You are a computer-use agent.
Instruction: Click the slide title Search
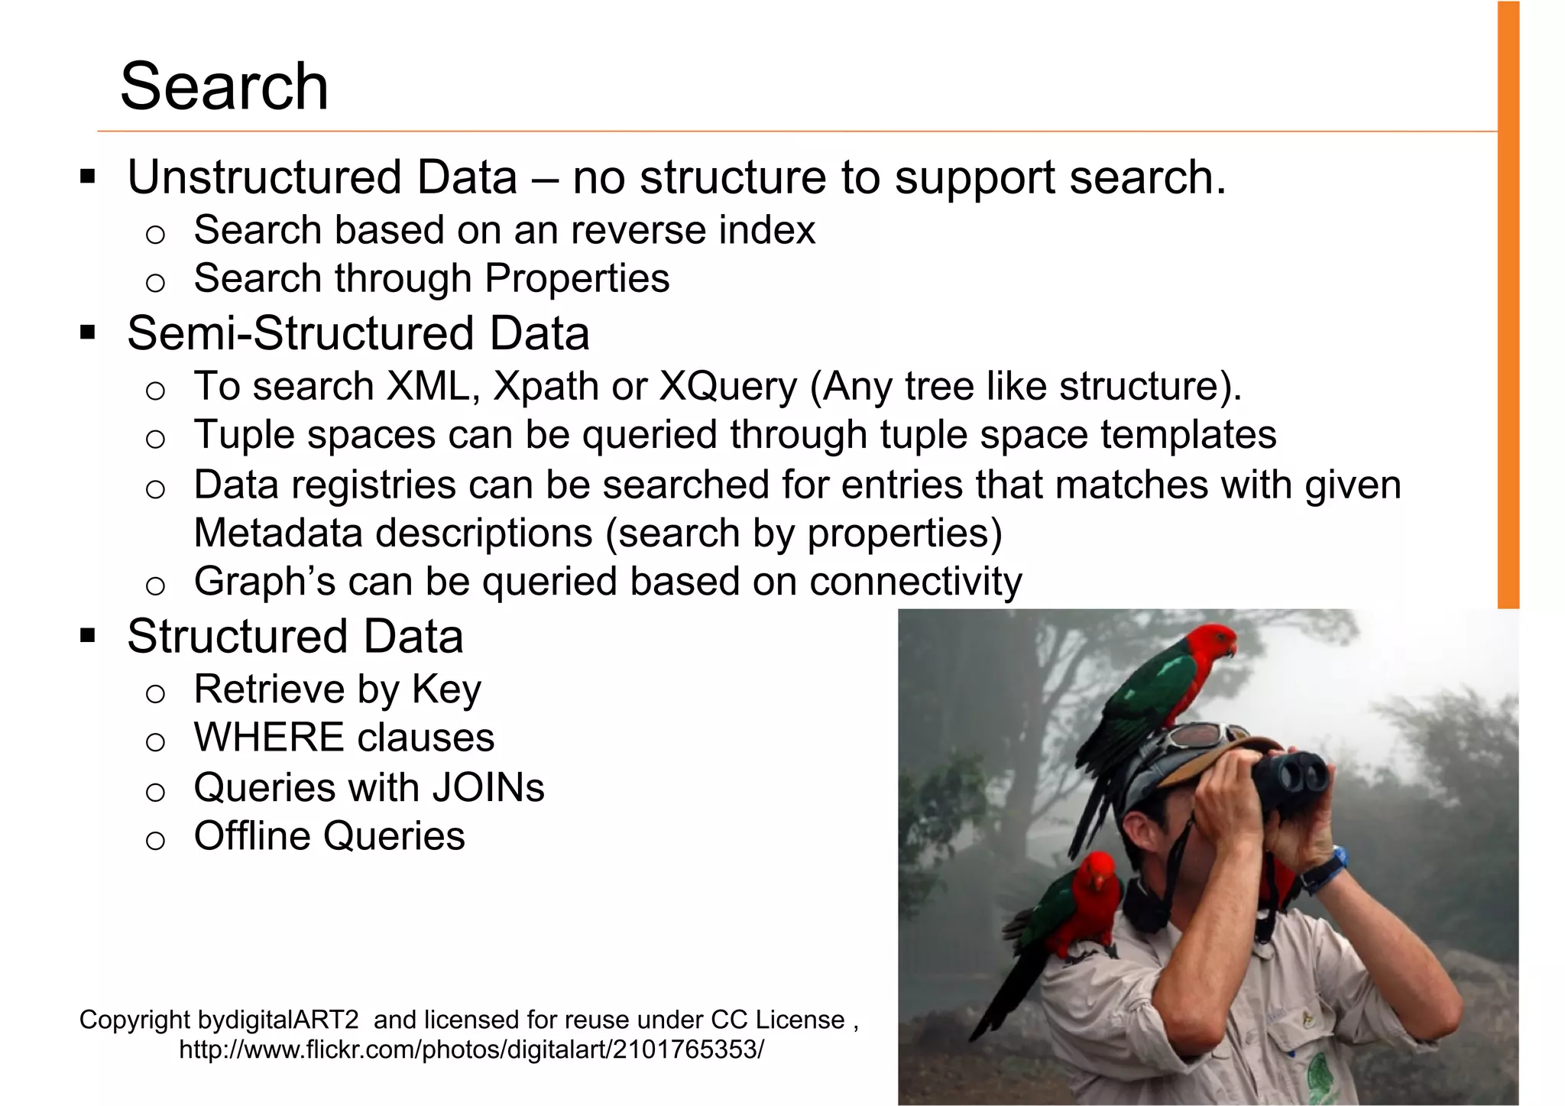point(224,86)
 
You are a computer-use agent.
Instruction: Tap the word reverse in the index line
point(630,230)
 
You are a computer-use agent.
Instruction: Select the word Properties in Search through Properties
point(577,278)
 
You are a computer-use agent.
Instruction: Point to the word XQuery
point(727,386)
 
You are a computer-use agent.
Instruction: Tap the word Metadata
point(278,533)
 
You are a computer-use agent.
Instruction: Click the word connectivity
point(915,582)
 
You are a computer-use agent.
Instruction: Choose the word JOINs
point(488,787)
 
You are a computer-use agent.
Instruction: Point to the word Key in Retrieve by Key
point(446,689)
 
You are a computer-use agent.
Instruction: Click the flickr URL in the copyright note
point(471,1049)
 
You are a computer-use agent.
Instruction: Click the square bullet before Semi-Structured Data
point(88,333)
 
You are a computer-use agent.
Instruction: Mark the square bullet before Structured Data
point(88,636)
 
